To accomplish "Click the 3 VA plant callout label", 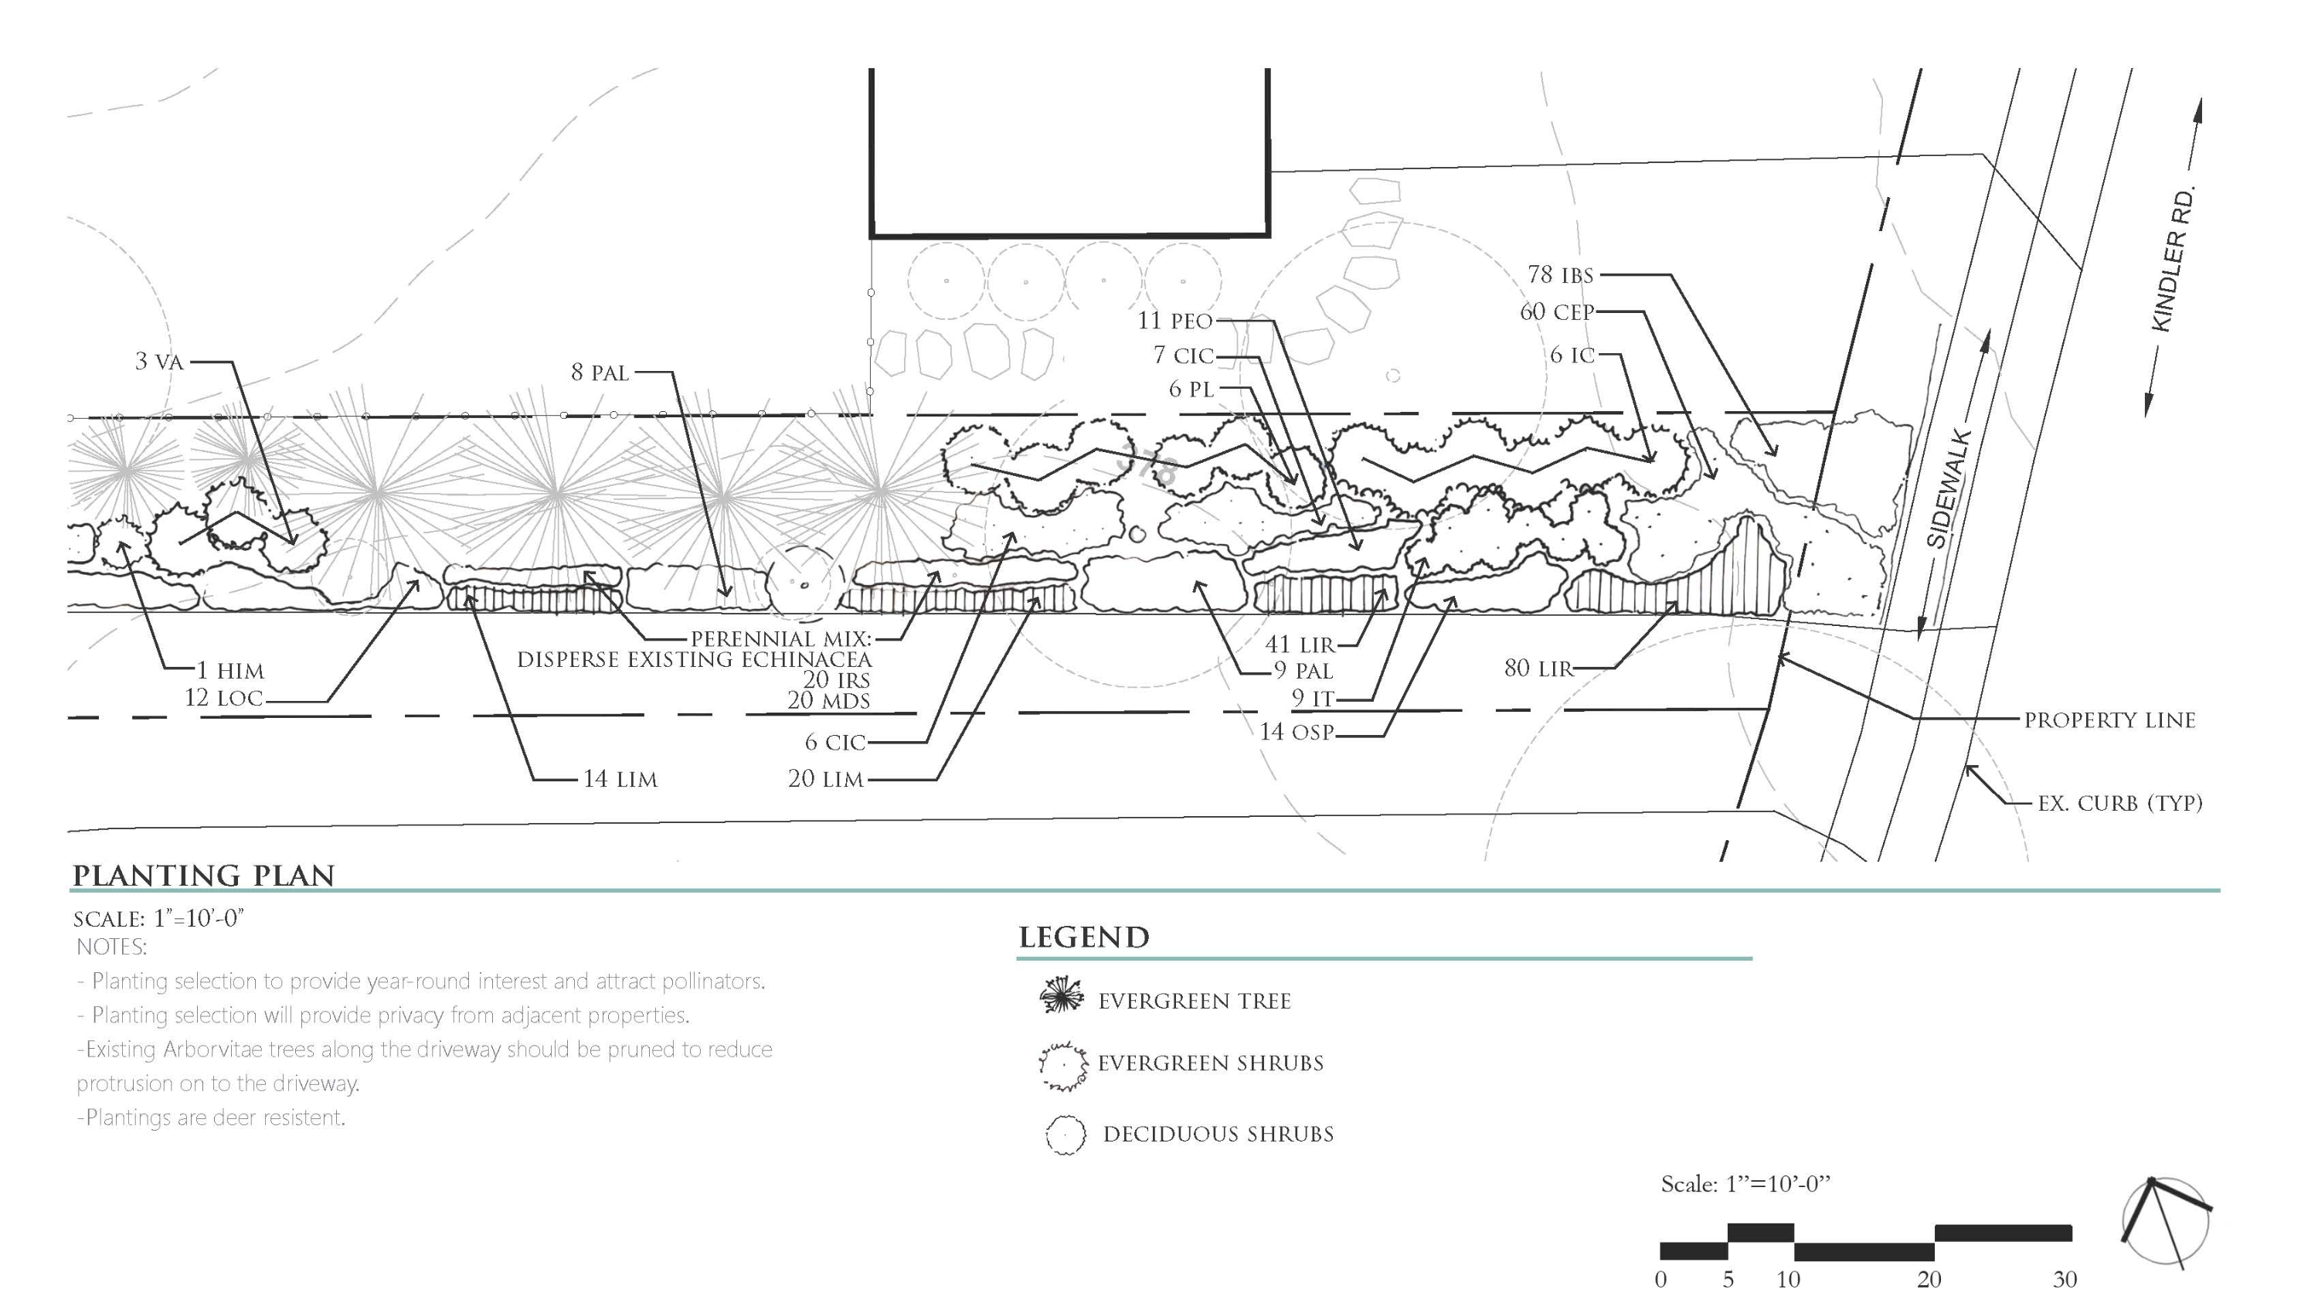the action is point(159,362).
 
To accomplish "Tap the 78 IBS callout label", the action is point(1560,274).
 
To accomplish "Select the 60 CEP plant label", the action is point(1557,312).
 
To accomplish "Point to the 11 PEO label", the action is point(1175,321).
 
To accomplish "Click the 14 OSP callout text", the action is point(1296,732).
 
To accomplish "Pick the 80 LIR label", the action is point(1538,669).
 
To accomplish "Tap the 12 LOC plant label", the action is point(224,699).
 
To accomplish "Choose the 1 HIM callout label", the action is point(230,670).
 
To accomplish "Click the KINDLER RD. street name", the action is point(2173,258).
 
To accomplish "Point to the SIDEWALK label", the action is point(1949,489).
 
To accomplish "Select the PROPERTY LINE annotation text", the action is point(2109,720).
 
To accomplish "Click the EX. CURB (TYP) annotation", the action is point(2120,804).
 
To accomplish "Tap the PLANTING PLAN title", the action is point(203,876).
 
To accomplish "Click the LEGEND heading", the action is point(1083,937).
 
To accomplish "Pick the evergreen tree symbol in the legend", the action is point(1062,995).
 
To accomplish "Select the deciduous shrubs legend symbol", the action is point(1066,1135).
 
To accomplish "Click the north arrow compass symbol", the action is point(2164,1222).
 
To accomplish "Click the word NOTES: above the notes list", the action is point(111,947).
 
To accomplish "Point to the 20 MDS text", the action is point(829,701).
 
